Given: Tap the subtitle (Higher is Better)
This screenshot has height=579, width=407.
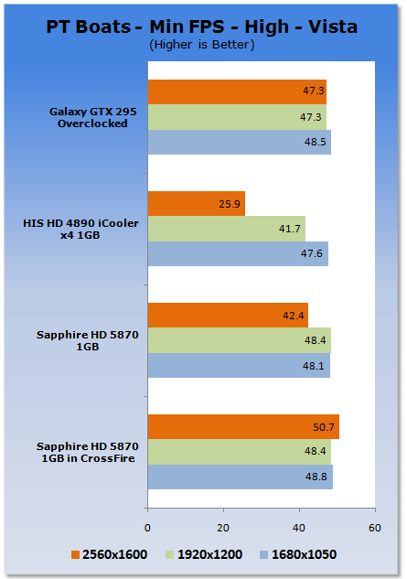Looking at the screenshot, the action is pyautogui.click(x=201, y=45).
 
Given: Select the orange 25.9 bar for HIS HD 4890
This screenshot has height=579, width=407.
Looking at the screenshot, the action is pyautogui.click(x=197, y=203).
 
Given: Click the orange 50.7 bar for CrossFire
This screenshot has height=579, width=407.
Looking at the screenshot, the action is pyautogui.click(x=243, y=427).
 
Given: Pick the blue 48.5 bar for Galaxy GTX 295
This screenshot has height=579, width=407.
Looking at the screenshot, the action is pyautogui.click(x=240, y=142).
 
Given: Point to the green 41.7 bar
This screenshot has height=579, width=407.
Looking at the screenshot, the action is pyautogui.click(x=227, y=229).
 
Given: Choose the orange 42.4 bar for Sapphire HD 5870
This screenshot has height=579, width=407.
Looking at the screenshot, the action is pyautogui.click(x=228, y=315).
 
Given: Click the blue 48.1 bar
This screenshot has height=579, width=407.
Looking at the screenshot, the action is pyautogui.click(x=239, y=366).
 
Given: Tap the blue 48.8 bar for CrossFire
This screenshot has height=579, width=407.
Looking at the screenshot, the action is pyautogui.click(x=241, y=477).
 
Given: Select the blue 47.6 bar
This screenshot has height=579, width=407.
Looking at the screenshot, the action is pyautogui.click(x=238, y=253).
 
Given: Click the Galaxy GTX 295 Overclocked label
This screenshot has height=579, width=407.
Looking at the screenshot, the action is pyautogui.click(x=93, y=117).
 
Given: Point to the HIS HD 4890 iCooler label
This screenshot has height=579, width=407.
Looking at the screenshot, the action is pyautogui.click(x=80, y=229).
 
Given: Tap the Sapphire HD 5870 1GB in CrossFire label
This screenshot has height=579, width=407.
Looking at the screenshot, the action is pyautogui.click(x=88, y=453).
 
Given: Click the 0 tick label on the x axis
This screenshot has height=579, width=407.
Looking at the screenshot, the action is pyautogui.click(x=147, y=528).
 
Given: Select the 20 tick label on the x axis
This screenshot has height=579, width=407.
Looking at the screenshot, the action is pyautogui.click(x=223, y=528).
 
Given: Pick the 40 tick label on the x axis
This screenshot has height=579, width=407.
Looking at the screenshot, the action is pyautogui.click(x=299, y=528).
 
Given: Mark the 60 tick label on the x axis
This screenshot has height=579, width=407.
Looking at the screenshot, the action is pyautogui.click(x=374, y=528).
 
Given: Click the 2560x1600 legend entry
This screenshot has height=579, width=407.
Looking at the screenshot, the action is pyautogui.click(x=110, y=554).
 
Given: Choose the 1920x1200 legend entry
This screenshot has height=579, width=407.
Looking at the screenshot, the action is pyautogui.click(x=204, y=554).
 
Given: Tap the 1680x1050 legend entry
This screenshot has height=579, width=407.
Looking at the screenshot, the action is pyautogui.click(x=298, y=554).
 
